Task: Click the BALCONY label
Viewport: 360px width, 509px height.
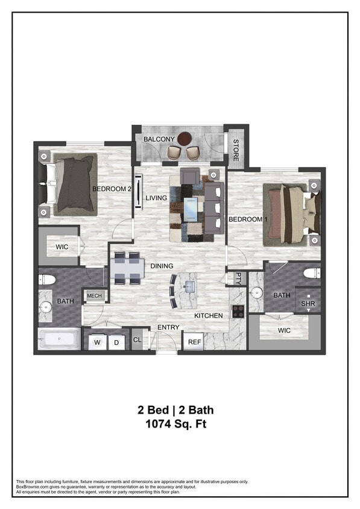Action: pos(159,139)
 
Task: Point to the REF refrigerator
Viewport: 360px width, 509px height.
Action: pos(194,342)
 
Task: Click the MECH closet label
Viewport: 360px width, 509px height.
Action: pos(94,296)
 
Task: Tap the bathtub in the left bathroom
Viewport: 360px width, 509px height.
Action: pos(59,338)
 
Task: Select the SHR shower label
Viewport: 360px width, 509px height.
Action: pos(308,304)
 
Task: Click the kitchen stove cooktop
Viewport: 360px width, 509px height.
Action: pos(238,311)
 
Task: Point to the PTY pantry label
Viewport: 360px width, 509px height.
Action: pos(238,278)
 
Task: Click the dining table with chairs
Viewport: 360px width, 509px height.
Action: pos(127,267)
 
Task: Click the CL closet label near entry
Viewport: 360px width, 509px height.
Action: pos(137,340)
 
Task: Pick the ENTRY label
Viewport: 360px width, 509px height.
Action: pos(168,327)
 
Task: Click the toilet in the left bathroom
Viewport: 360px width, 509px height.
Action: pos(48,279)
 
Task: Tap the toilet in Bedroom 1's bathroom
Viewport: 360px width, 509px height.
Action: pos(312,273)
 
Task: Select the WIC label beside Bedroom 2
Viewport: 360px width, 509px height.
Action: pos(62,247)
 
